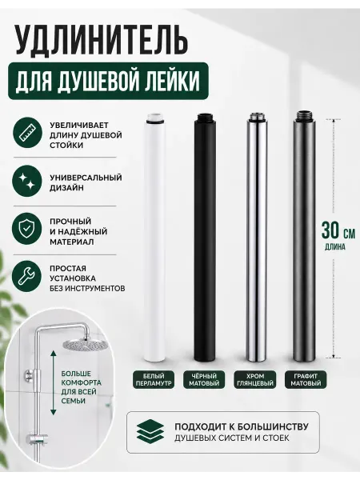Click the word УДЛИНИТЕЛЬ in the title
(x=101, y=39)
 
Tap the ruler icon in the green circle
(x=27, y=134)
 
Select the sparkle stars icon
(x=27, y=182)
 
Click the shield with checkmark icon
(x=26, y=228)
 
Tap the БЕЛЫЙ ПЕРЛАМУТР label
(x=154, y=379)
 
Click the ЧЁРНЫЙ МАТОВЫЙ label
(x=204, y=379)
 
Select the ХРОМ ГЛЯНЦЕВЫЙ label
(x=255, y=379)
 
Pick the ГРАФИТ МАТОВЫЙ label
(x=306, y=379)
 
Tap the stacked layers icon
(x=150, y=432)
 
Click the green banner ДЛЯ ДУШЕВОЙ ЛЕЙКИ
(x=108, y=81)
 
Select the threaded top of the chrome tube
(x=256, y=116)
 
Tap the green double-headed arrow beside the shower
(x=54, y=383)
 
